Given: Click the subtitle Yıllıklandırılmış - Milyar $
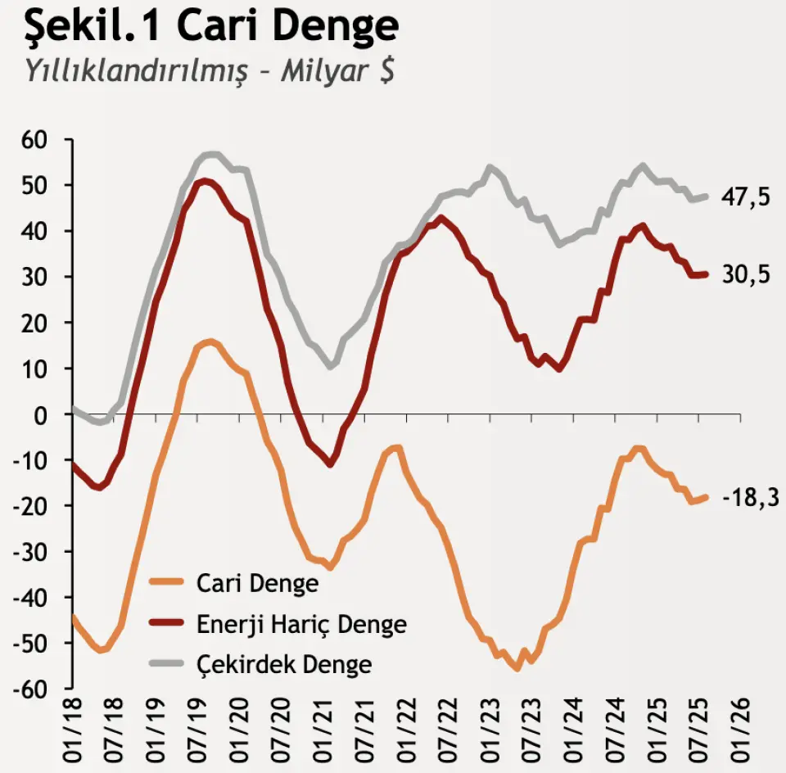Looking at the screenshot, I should point(210,70).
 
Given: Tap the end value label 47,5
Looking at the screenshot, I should point(746,197).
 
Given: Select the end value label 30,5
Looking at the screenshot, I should point(746,276).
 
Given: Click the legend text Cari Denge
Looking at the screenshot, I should point(257,583).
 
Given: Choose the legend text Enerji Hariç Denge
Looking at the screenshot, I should point(301,624).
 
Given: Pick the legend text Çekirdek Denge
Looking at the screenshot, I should point(284,663).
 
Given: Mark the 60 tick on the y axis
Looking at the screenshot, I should point(35,140).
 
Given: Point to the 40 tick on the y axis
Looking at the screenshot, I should point(35,232).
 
